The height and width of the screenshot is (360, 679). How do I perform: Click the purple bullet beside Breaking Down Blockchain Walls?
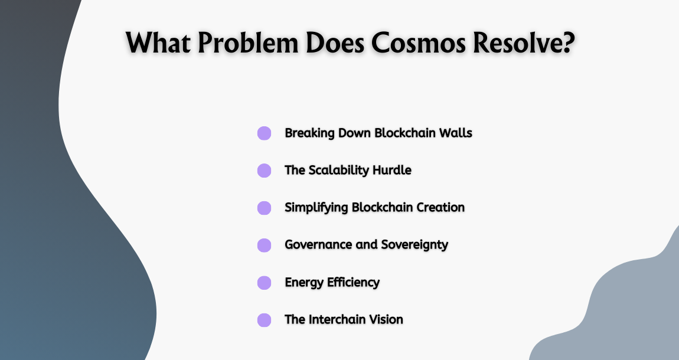point(264,133)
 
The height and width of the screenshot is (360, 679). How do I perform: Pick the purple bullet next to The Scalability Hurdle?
point(264,171)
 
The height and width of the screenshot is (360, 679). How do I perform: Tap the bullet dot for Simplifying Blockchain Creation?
point(264,208)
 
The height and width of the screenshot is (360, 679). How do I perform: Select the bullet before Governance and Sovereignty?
point(264,245)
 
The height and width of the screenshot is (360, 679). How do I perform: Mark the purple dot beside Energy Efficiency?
point(264,283)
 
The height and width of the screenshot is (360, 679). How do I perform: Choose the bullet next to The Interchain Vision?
point(264,320)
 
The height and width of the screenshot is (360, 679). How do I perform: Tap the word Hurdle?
point(392,170)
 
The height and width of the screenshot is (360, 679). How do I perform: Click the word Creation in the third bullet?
point(439,207)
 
